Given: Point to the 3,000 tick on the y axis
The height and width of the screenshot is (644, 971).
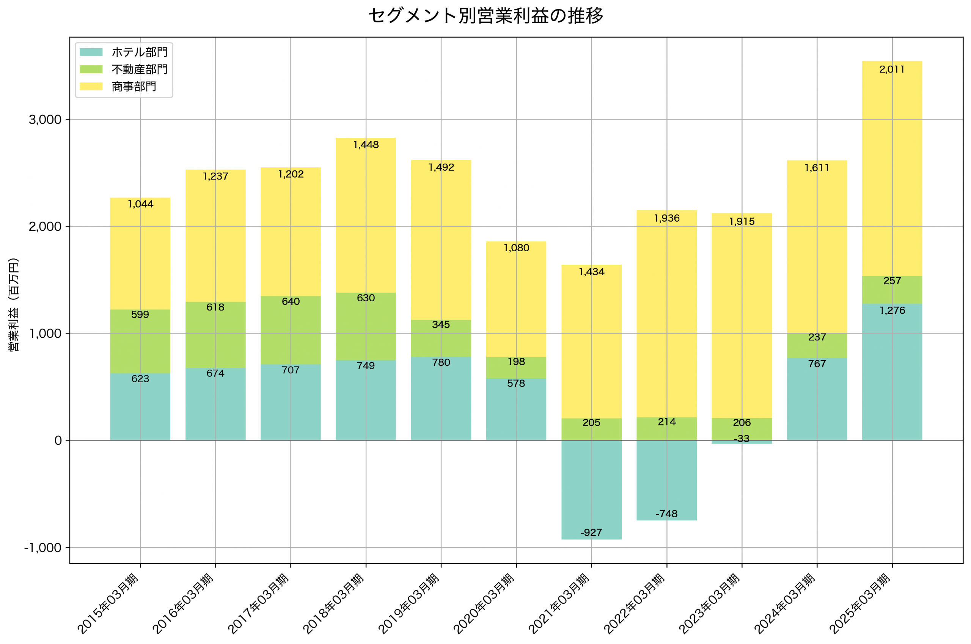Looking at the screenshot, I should (x=45, y=120).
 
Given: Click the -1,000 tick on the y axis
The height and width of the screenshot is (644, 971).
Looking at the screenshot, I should (x=43, y=548).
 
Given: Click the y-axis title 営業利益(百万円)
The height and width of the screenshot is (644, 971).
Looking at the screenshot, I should (x=14, y=304).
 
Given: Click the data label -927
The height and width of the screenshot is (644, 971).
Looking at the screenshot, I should (x=591, y=533).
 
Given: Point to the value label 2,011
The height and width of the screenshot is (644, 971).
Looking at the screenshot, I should (x=892, y=69).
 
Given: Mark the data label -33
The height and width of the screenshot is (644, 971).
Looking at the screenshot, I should (x=742, y=439).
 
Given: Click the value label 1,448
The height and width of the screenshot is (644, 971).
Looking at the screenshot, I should (x=366, y=145).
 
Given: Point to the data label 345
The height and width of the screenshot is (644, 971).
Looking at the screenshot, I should (x=441, y=325).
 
